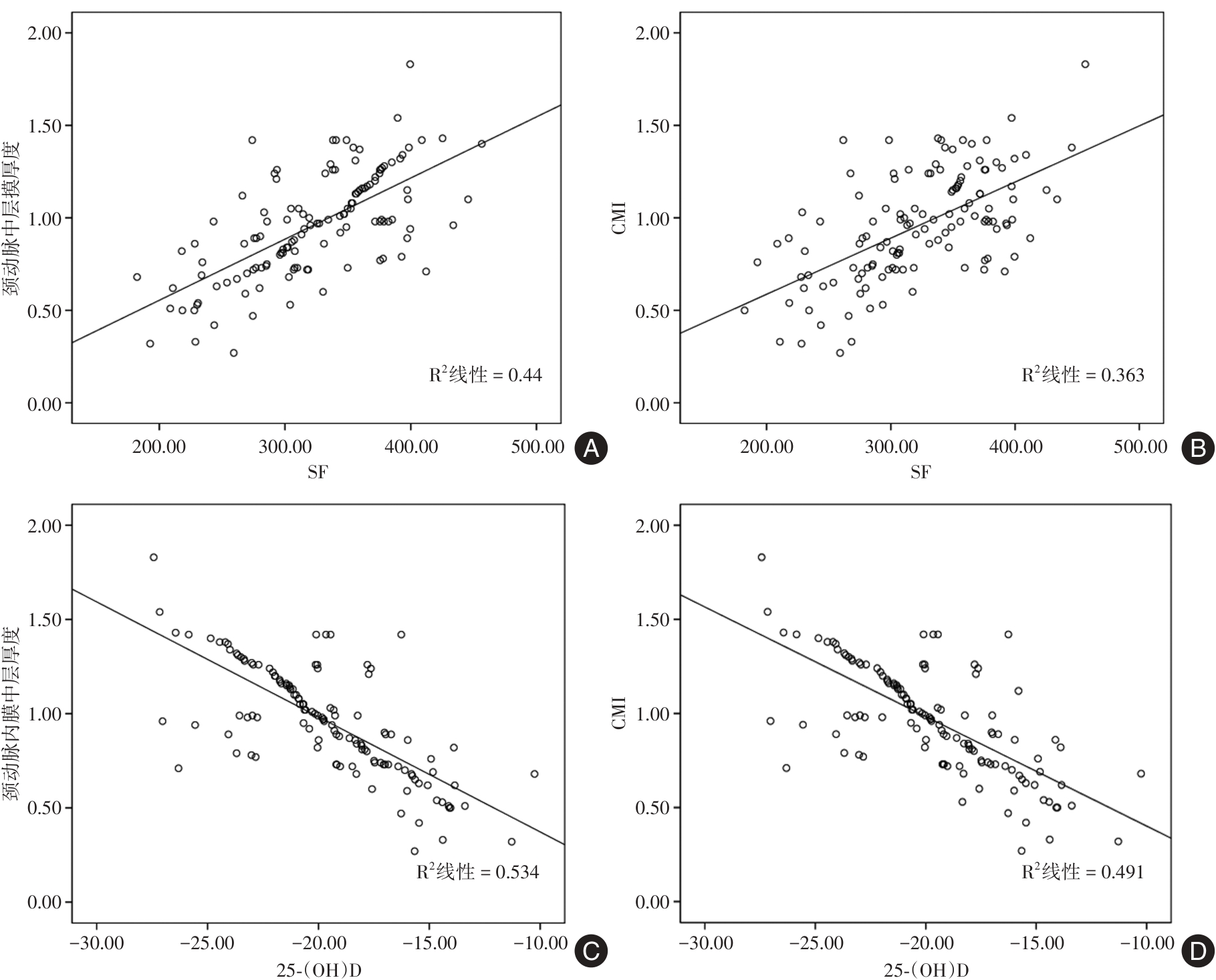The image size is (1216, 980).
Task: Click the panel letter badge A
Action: pyautogui.click(x=591, y=448)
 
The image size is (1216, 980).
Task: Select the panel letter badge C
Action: pyautogui.click(x=591, y=951)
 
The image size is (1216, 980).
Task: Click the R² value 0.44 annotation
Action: pyautogui.click(x=485, y=375)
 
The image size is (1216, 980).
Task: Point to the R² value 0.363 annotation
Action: pyautogui.click(x=1083, y=375)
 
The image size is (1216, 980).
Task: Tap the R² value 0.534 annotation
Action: pyautogui.click(x=477, y=872)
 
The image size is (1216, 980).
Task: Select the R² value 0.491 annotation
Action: pyautogui.click(x=1083, y=872)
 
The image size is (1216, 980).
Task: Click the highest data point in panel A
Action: pyautogui.click(x=410, y=64)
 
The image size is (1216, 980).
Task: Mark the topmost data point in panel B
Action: pyautogui.click(x=1085, y=64)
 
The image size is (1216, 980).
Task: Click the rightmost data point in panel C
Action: pyautogui.click(x=534, y=774)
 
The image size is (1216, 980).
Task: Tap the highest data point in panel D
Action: pyautogui.click(x=761, y=557)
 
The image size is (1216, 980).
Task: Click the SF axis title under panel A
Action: pyautogui.click(x=318, y=472)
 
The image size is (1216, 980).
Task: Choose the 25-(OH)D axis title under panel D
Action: pyautogui.click(x=926, y=970)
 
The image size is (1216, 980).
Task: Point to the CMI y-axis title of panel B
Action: pyautogui.click(x=620, y=219)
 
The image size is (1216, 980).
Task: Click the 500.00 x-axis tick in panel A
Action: pyautogui.click(x=537, y=447)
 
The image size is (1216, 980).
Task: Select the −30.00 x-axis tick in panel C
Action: pyautogui.click(x=97, y=943)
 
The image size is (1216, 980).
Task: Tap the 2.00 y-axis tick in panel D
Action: pyautogui.click(x=652, y=526)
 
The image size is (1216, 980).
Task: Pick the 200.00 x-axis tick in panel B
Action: pyautogui.click(x=766, y=447)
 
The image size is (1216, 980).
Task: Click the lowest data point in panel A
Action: pyautogui.click(x=233, y=353)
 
